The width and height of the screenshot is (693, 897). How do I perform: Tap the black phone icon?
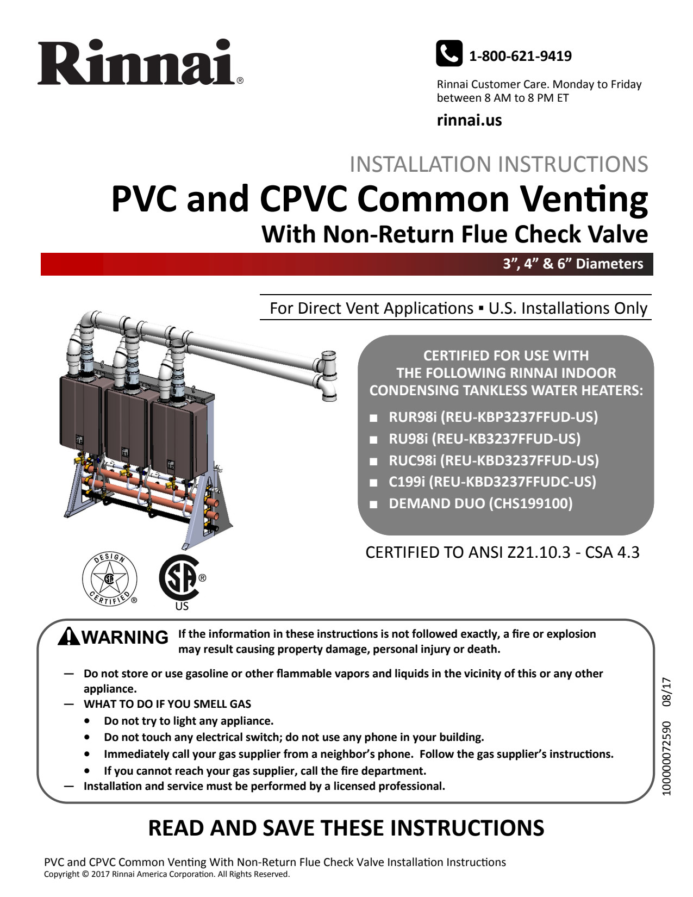449,53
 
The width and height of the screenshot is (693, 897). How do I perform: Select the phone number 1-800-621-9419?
520,56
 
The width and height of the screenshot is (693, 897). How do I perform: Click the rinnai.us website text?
469,120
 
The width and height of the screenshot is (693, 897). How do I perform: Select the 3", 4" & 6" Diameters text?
572,264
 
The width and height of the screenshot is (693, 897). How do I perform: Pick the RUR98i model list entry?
492,417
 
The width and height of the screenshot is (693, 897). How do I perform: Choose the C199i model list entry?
492,482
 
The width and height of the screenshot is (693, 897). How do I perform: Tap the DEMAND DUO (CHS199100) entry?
480,503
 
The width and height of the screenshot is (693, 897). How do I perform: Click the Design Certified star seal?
110,578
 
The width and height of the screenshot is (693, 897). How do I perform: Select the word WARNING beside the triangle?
125,637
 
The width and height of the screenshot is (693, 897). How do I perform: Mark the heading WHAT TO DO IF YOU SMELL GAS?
167,704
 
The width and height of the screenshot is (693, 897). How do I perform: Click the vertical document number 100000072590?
667,758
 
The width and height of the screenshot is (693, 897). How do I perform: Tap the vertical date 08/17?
667,692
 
